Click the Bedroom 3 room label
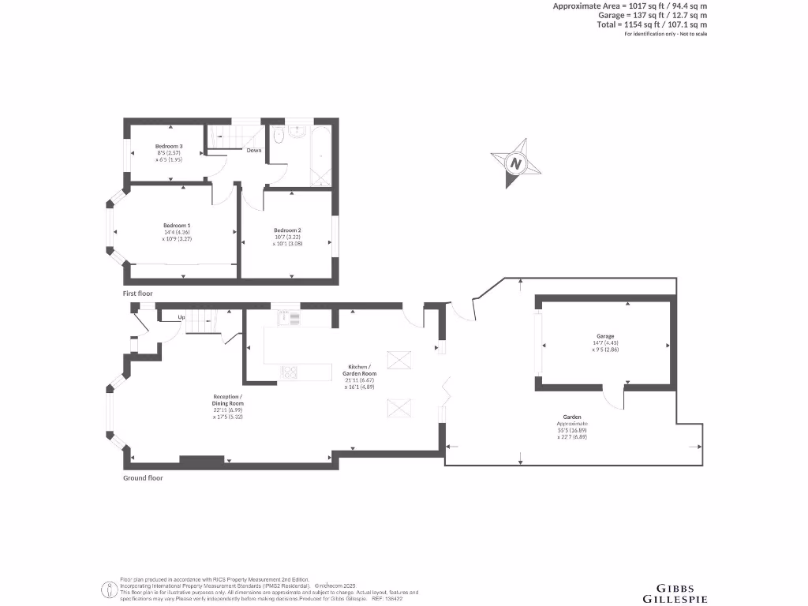click(x=169, y=147)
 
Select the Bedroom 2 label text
click(x=287, y=230)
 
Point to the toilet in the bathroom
click(x=276, y=140)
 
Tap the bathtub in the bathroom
click(x=323, y=155)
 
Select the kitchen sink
click(x=289, y=318)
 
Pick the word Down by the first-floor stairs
click(x=254, y=150)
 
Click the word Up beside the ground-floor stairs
click(x=181, y=317)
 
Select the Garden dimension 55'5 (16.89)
click(x=572, y=430)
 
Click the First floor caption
click(x=137, y=294)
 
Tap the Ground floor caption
click(x=142, y=477)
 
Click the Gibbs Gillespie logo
click(x=683, y=593)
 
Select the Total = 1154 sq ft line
click(x=652, y=24)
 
